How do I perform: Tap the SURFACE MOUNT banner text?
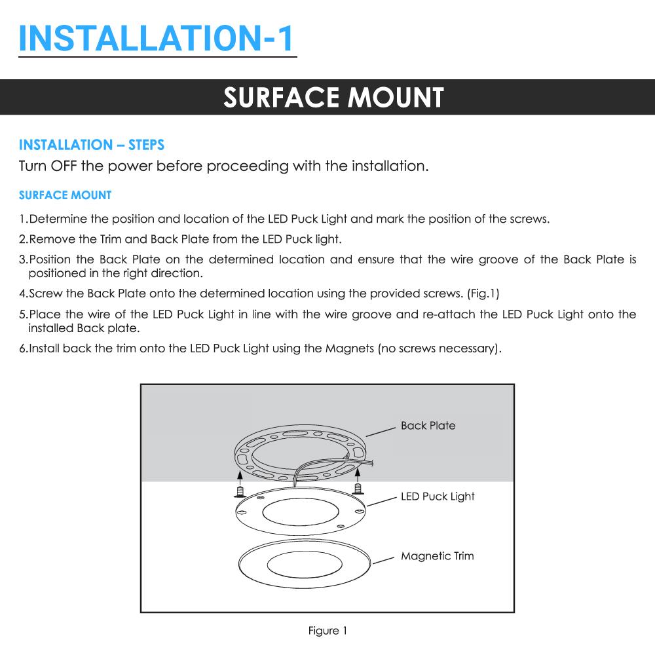(333, 98)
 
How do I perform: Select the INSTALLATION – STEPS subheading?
(91, 145)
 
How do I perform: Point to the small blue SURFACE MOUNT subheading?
(65, 195)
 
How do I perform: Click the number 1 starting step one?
(22, 219)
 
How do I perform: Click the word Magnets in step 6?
(348, 348)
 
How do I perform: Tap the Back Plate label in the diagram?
(428, 426)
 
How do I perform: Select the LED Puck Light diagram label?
(438, 496)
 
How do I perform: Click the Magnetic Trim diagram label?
(437, 556)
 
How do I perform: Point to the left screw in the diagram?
(240, 490)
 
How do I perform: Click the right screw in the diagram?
(358, 487)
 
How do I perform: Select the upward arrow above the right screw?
(358, 472)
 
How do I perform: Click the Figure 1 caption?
(327, 631)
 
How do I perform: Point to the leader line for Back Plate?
(381, 431)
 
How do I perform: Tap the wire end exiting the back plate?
(371, 464)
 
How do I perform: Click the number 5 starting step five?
(22, 314)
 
